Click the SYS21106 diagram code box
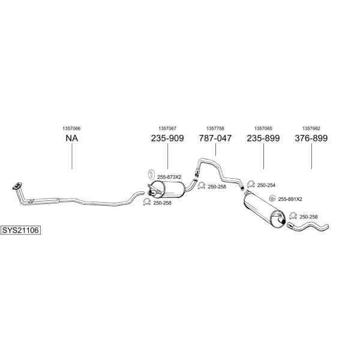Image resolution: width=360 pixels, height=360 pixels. pyautogui.click(x=20, y=230)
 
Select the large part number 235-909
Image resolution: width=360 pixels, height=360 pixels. pyautogui.click(x=167, y=138)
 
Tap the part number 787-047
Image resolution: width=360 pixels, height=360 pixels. pyautogui.click(x=215, y=138)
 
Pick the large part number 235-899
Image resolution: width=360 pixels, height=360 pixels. pyautogui.click(x=263, y=138)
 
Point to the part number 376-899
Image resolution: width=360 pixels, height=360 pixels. pyautogui.click(x=311, y=138)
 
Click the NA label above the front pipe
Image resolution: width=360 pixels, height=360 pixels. pyautogui.click(x=72, y=138)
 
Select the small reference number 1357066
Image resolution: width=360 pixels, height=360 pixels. pyautogui.click(x=71, y=128)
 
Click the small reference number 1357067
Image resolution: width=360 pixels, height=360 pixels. pyautogui.click(x=167, y=128)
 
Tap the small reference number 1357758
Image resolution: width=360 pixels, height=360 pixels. pyautogui.click(x=215, y=128)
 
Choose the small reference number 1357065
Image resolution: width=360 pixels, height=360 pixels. pyautogui.click(x=263, y=128)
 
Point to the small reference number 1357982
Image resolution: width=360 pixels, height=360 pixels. pyautogui.click(x=311, y=128)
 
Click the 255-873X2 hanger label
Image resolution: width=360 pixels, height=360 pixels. pyautogui.click(x=169, y=177)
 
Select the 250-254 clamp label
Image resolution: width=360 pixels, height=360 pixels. pyautogui.click(x=266, y=185)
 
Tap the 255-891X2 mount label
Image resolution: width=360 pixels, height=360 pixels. pyautogui.click(x=290, y=199)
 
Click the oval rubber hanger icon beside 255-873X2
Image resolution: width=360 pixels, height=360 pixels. pyautogui.click(x=151, y=174)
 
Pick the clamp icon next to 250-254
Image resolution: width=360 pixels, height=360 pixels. pyautogui.click(x=251, y=184)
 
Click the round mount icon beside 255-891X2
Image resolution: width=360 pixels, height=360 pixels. pyautogui.click(x=272, y=198)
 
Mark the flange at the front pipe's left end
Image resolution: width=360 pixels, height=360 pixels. pyautogui.click(x=17, y=186)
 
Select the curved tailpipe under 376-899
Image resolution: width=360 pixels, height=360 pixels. pyautogui.click(x=308, y=226)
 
